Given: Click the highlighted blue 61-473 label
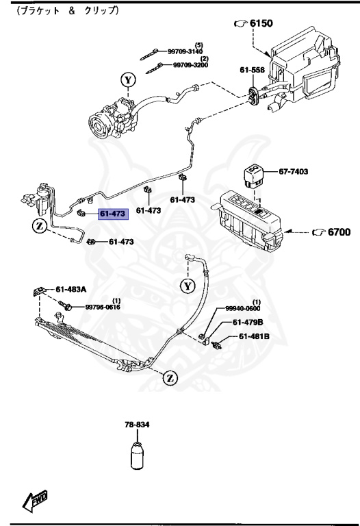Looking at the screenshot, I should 112,214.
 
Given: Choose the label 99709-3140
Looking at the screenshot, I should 185,51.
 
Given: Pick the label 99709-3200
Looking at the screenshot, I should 190,65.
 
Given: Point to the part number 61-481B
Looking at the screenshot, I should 254,336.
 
